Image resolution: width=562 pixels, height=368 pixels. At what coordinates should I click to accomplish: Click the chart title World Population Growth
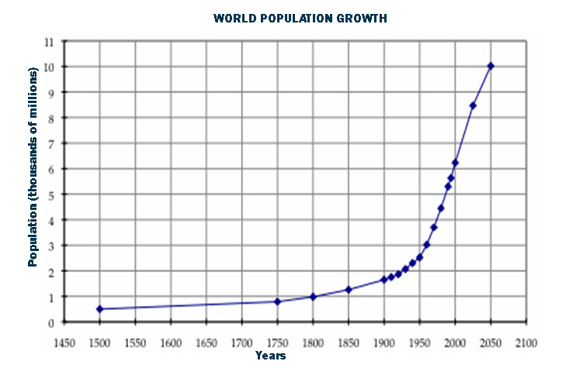click(300, 17)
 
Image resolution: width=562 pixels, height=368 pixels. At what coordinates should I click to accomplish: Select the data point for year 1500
click(99, 309)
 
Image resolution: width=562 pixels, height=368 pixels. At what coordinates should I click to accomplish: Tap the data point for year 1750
click(277, 301)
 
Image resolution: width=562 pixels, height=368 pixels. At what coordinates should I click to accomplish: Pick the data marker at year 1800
click(313, 297)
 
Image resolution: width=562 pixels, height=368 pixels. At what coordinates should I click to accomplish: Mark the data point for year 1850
click(349, 290)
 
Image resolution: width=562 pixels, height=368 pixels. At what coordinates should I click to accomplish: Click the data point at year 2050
click(491, 66)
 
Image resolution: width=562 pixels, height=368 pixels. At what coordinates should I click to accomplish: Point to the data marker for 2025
click(473, 105)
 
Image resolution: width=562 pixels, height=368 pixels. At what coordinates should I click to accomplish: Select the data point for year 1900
click(384, 280)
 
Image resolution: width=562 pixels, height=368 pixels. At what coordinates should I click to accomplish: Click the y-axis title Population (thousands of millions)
click(33, 167)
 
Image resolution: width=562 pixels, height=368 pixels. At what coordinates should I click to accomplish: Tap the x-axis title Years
click(270, 356)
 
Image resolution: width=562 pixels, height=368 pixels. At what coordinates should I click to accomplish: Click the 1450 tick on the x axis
click(64, 342)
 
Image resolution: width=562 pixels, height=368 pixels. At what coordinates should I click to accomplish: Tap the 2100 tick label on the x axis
click(526, 342)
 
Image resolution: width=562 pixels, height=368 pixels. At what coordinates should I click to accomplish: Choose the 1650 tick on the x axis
click(206, 342)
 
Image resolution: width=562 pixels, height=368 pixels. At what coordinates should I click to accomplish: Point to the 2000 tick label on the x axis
click(455, 342)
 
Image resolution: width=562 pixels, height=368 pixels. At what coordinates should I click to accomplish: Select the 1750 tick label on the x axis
click(277, 342)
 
